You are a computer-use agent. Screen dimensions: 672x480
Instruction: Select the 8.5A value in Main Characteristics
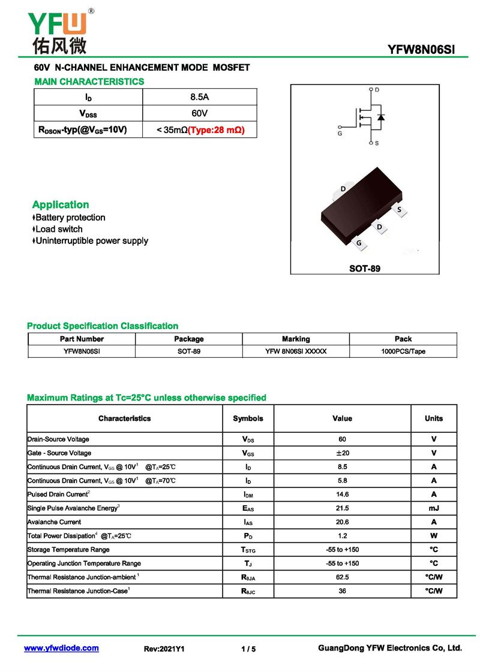tap(199, 97)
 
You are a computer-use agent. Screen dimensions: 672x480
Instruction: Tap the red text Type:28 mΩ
tap(217, 129)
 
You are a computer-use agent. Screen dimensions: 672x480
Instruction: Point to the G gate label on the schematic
tap(340, 133)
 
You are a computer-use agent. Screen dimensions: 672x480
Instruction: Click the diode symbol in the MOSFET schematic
tap(381, 116)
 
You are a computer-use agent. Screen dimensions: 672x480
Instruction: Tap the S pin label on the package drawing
tap(399, 209)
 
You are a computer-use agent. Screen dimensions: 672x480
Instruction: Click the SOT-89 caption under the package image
tap(365, 269)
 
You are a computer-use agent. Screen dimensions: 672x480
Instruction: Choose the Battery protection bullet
tap(70, 218)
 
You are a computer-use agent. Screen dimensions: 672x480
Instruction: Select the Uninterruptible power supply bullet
tap(91, 241)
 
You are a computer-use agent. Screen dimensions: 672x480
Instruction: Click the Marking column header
tap(296, 339)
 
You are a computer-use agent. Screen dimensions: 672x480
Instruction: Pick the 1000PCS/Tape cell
tap(403, 351)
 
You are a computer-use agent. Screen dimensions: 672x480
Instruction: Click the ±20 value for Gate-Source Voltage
tap(342, 453)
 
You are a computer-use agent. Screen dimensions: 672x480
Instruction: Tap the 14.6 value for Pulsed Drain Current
tap(342, 495)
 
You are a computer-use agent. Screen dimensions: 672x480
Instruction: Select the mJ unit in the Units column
tap(434, 508)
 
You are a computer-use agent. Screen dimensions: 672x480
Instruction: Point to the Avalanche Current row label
tap(55, 522)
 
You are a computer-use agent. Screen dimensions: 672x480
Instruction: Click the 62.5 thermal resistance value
tap(342, 577)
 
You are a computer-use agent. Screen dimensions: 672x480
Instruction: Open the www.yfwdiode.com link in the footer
tap(61, 648)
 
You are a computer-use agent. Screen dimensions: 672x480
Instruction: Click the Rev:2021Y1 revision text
tap(164, 649)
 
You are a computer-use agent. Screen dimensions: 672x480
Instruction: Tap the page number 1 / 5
tap(248, 649)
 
